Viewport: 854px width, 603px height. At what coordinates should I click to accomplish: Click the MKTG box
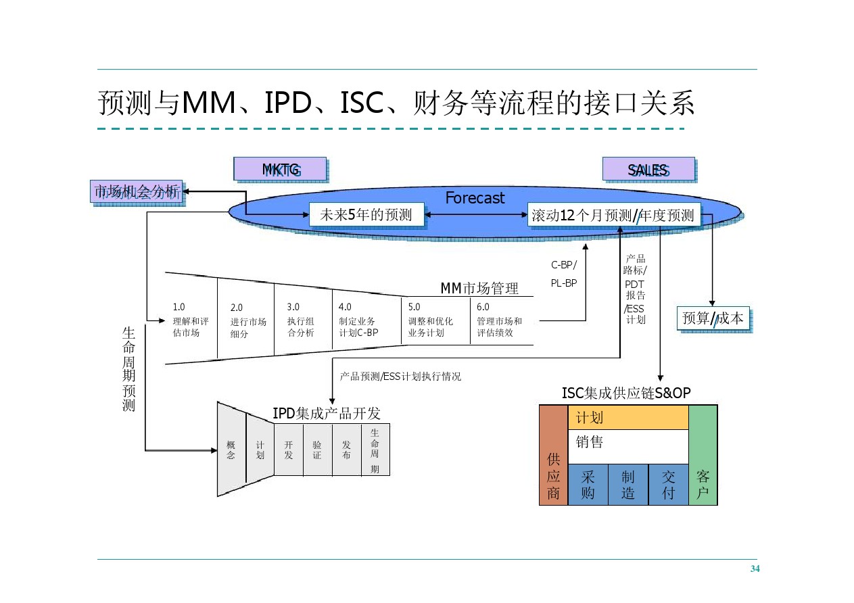(x=280, y=169)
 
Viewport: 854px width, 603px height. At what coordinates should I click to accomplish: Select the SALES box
(x=648, y=169)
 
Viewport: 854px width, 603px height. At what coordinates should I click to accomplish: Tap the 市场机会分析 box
(x=137, y=191)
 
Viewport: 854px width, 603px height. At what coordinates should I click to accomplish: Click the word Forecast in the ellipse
(x=475, y=198)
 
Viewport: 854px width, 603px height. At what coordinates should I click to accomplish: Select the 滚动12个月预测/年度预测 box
(x=613, y=216)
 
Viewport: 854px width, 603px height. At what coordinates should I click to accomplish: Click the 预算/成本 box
(x=713, y=318)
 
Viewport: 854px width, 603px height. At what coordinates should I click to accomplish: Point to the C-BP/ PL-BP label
(x=564, y=274)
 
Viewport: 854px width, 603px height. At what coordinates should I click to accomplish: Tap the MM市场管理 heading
(x=479, y=289)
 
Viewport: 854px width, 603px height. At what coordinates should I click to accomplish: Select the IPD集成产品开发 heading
(x=327, y=413)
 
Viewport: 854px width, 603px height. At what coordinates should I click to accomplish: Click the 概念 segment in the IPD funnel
(x=231, y=450)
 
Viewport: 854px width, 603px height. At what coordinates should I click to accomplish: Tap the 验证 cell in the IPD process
(x=317, y=450)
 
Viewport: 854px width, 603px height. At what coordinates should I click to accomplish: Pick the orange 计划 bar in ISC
(x=628, y=417)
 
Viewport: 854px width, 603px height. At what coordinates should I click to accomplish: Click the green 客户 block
(x=703, y=455)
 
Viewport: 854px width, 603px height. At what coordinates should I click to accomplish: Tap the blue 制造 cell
(x=627, y=484)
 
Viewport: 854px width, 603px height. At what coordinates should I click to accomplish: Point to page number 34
(x=755, y=569)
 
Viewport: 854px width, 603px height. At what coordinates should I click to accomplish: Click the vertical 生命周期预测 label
(x=128, y=368)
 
